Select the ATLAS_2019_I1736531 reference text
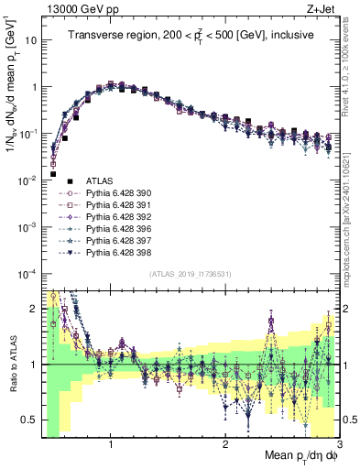coord(190,274)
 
